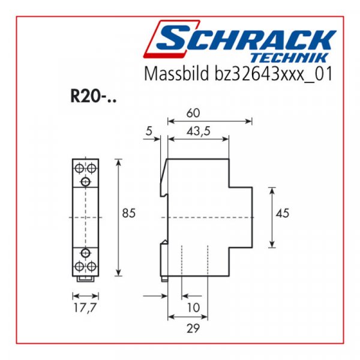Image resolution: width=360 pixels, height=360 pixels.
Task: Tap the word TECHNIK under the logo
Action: point(297,58)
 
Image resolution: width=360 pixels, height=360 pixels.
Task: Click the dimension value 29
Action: point(193,328)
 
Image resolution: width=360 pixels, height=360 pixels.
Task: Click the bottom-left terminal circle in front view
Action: point(79,265)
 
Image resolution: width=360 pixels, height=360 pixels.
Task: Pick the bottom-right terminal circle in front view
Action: point(91,265)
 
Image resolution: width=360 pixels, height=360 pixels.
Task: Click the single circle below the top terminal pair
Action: point(85,181)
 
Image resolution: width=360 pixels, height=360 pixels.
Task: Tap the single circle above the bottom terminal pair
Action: point(85,251)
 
